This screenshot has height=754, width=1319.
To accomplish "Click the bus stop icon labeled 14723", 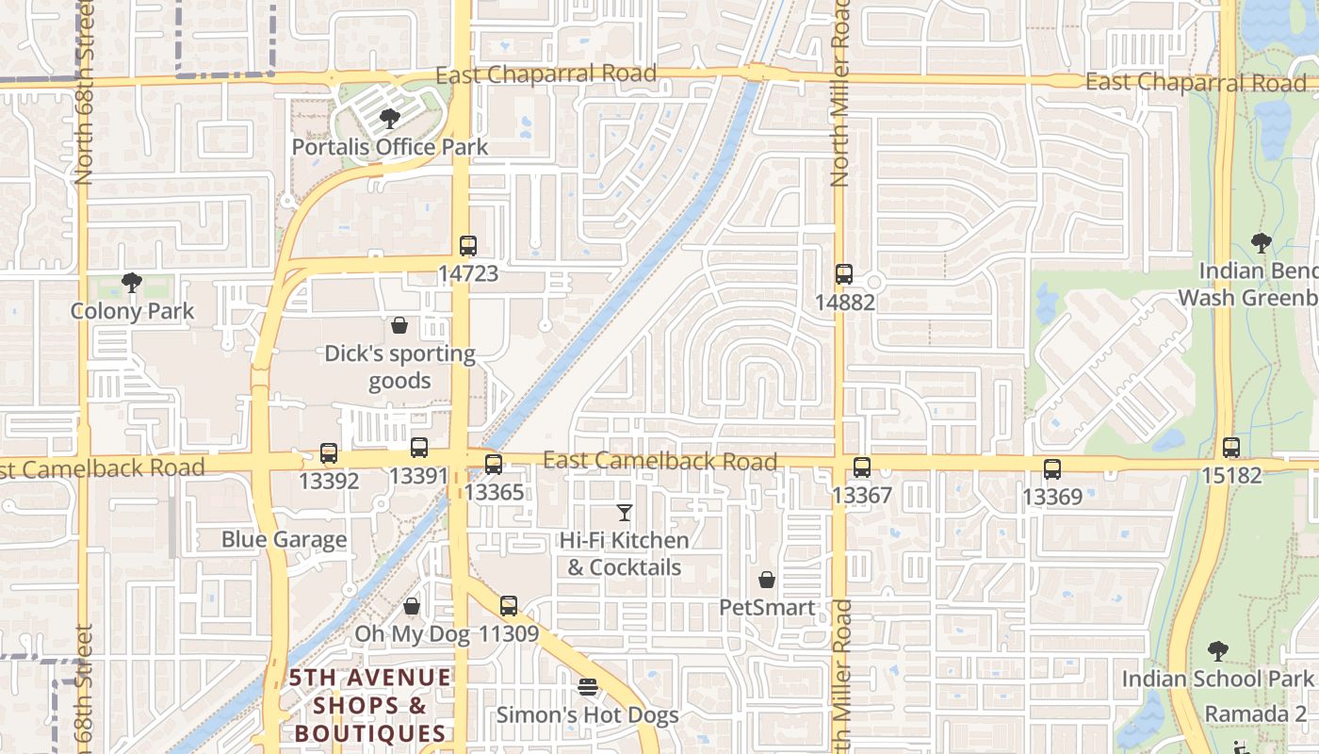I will pos(468,246).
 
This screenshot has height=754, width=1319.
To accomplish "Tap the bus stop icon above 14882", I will pos(844,274).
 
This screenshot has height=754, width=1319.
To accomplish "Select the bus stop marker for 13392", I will pos(329,453).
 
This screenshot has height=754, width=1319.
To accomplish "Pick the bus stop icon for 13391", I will pos(419,448).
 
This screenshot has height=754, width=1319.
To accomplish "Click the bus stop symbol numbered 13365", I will pos(494,464).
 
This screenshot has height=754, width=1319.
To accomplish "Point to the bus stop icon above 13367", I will pos(862,467).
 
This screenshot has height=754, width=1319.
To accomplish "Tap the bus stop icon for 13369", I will pos(1052,468).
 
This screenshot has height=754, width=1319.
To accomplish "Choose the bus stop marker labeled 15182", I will pos(1231,448).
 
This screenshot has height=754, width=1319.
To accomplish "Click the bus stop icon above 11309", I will pos(509,605).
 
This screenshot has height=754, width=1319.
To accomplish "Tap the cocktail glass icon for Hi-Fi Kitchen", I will pos(624,513).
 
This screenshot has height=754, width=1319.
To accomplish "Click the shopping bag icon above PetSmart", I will pos(767,580).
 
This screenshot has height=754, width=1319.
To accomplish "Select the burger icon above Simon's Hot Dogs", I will pos(588,687).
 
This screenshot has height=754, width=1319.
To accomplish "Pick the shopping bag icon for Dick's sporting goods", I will pos(399,326).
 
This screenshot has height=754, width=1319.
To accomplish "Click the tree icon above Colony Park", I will pos(132,283).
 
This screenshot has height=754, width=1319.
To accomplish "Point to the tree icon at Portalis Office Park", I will pos(389,119).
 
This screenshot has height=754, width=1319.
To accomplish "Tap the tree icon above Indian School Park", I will pos(1218,650).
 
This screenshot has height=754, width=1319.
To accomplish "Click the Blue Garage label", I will pos(285,540).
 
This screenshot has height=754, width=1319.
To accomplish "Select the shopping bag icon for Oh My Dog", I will pos(412,606).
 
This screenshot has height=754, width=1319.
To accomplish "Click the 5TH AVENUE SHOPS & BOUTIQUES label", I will pos(370,705).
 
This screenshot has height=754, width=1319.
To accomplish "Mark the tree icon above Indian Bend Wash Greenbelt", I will pos(1261,243).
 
